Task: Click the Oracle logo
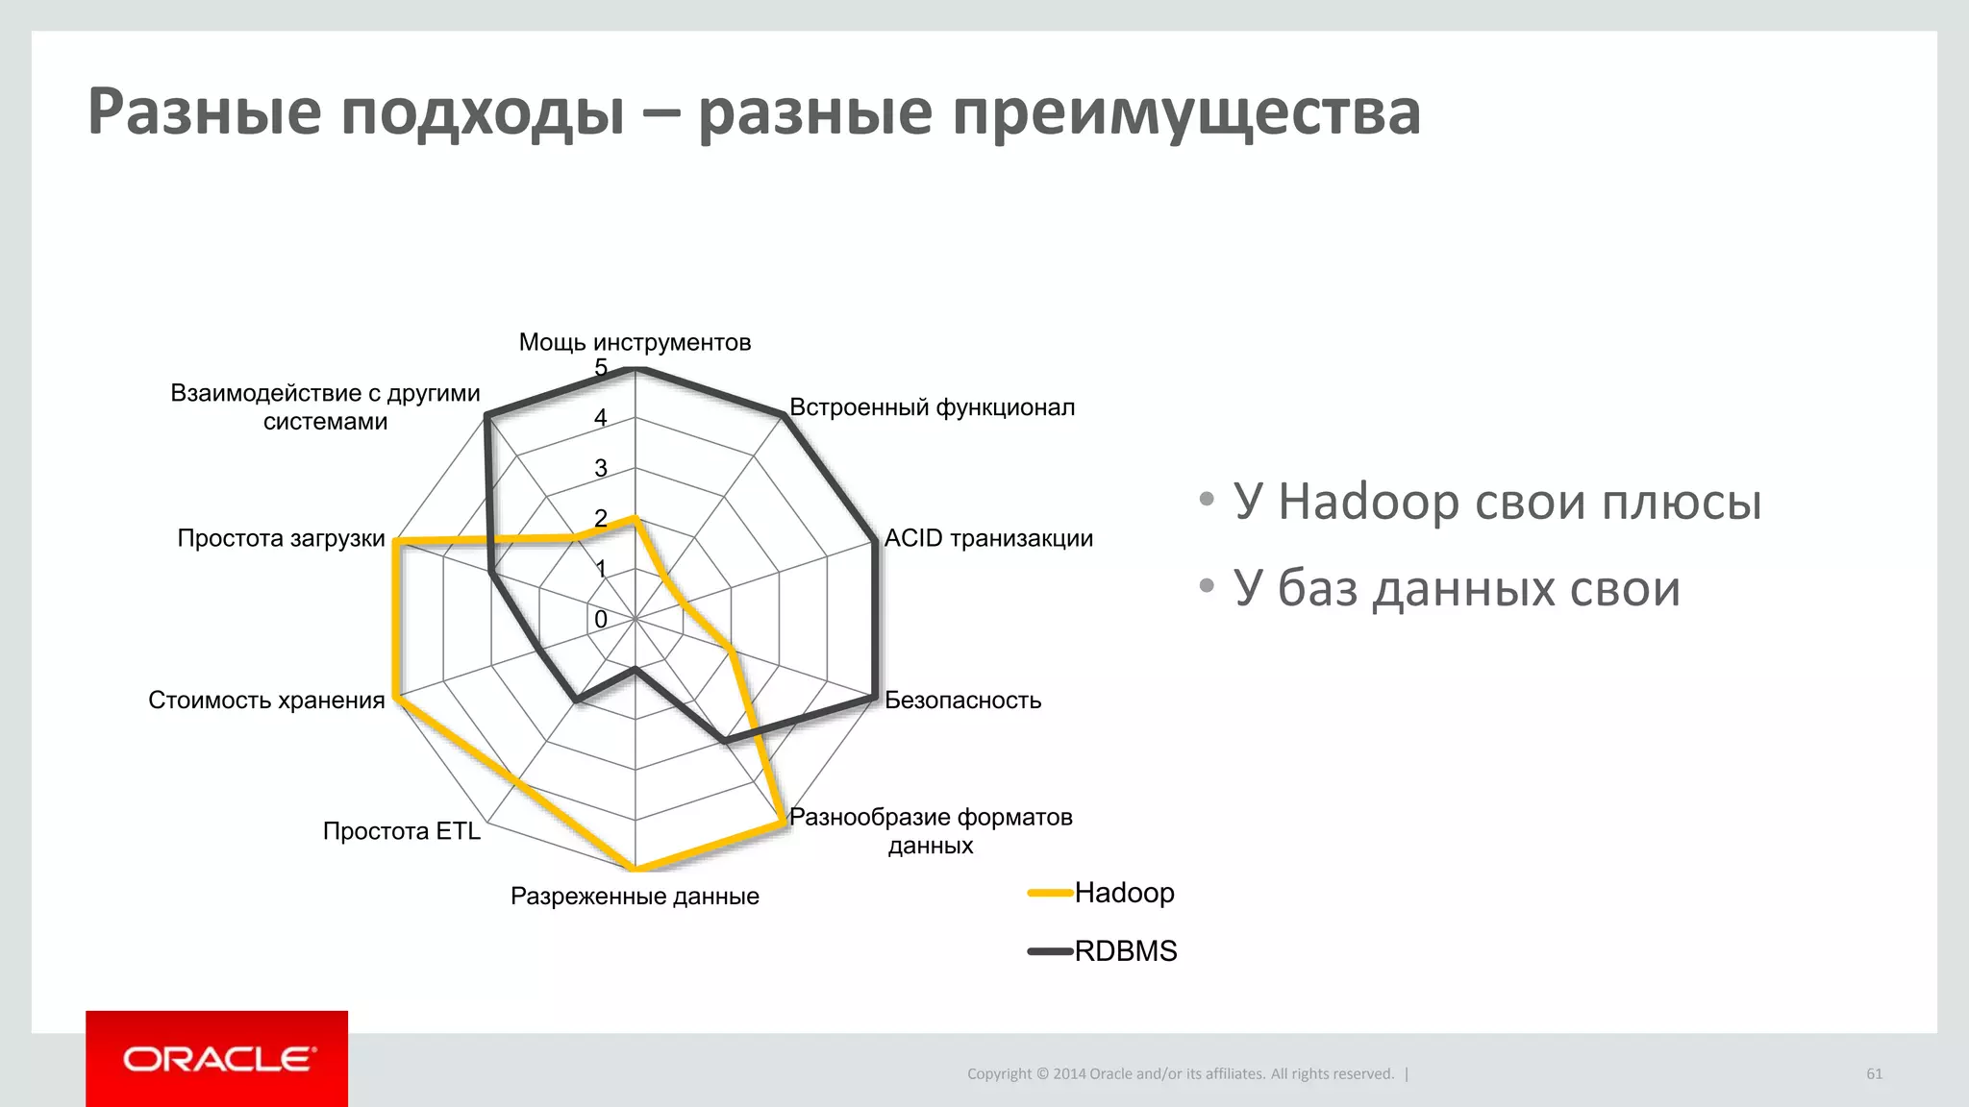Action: tap(217, 1059)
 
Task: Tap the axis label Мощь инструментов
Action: tap(635, 342)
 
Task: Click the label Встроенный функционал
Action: tap(932, 407)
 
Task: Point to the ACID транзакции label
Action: tap(987, 538)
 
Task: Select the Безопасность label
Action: tap(962, 700)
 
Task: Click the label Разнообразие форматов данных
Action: tap(930, 831)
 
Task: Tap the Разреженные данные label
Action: tap(635, 896)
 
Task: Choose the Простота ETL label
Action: tap(401, 830)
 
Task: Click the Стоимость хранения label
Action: tap(266, 700)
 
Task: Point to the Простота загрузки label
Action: tap(281, 538)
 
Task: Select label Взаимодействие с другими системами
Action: tap(325, 406)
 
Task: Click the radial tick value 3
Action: tap(601, 468)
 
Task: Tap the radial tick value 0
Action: tap(601, 620)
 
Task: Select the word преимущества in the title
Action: tap(1186, 111)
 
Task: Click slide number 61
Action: tap(1874, 1073)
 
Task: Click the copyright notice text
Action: tap(1180, 1073)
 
